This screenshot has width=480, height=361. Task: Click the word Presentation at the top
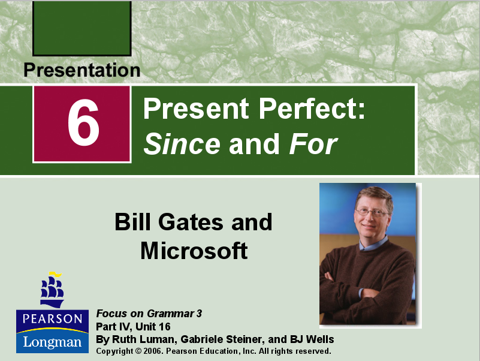pos(81,70)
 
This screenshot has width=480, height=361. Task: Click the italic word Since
pos(182,144)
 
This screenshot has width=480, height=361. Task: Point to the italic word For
pos(313,144)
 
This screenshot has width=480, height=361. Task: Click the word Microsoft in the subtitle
pos(194,250)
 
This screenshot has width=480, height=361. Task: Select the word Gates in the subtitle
pos(190,222)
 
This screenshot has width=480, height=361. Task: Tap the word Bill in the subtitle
pos(132,222)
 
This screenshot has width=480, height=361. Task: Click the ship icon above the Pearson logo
pos(52,289)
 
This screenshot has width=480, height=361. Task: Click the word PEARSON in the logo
pos(52,318)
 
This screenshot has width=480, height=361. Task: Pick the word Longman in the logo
pos(52,342)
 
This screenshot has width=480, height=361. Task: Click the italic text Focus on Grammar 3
pos(149,314)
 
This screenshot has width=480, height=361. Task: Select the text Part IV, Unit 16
pos(133,327)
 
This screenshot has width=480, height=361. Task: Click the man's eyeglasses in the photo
pos(371,212)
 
